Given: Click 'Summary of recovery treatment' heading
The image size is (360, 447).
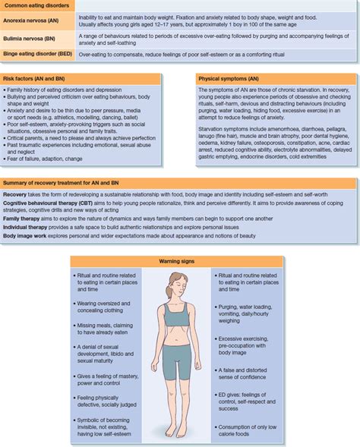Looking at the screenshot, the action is [61, 183].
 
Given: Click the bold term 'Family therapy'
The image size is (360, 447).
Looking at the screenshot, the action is [22, 218].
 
